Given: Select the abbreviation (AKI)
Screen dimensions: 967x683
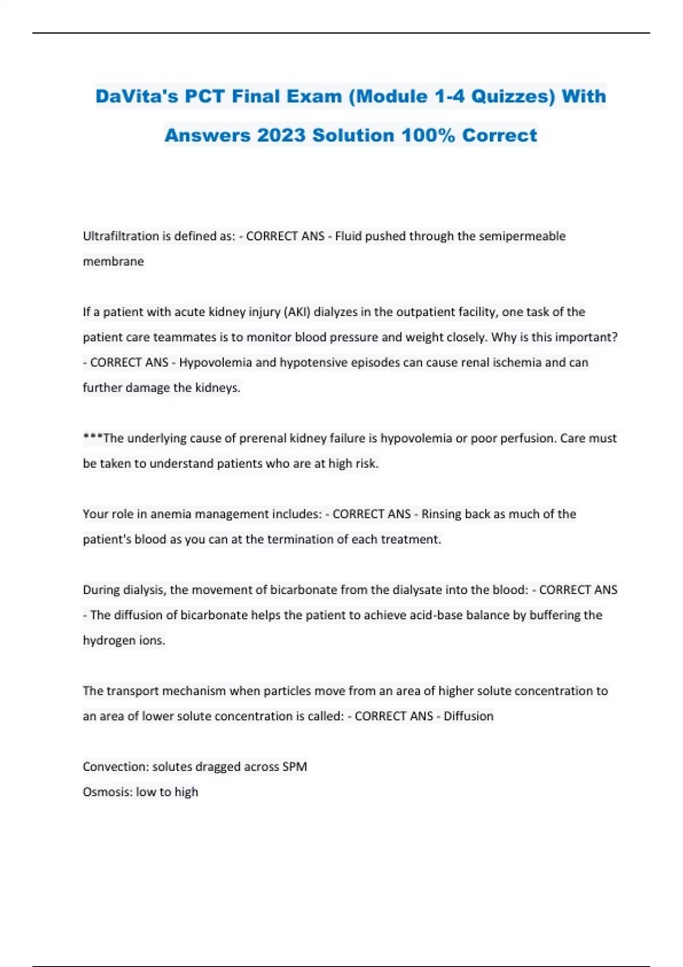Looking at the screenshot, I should [x=297, y=312].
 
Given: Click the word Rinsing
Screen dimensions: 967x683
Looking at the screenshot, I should [x=441, y=514].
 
